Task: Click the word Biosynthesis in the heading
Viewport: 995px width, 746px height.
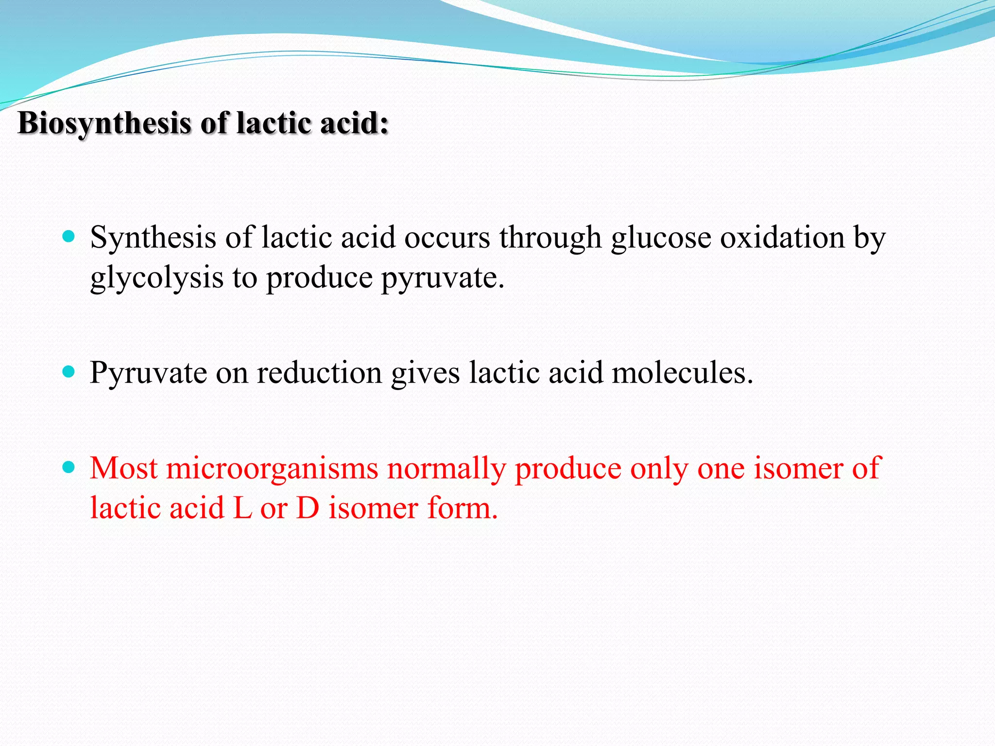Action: tap(104, 123)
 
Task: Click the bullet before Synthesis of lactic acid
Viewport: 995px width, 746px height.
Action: tap(69, 237)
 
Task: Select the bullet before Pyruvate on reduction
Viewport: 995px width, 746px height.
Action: tap(69, 373)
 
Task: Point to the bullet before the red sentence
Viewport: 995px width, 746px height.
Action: tap(69, 468)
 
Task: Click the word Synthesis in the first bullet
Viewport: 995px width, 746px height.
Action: tap(153, 238)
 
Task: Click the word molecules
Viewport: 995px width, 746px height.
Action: tap(682, 373)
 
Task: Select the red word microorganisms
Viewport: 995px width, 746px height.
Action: tap(272, 469)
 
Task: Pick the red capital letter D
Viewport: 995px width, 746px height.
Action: tap(308, 509)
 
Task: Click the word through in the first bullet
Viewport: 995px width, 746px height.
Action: tap(551, 238)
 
